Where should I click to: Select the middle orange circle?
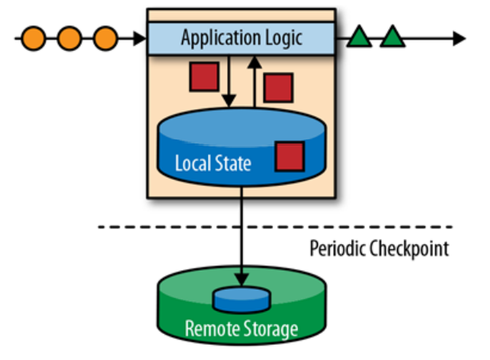(69, 37)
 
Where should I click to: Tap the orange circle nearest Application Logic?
(105, 37)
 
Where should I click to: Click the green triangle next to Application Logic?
(359, 37)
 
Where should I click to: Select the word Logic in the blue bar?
(281, 37)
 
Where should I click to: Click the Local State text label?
(213, 163)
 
